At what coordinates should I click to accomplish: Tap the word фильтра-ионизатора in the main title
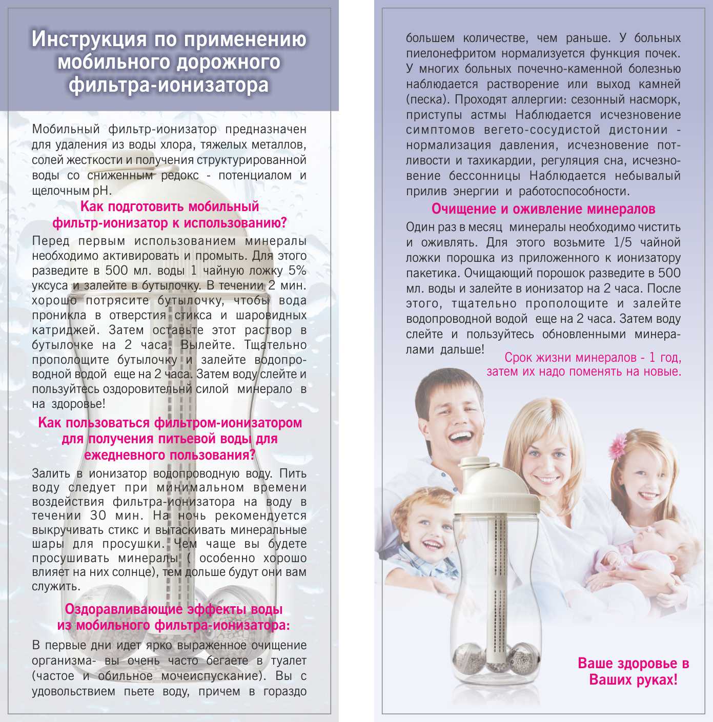[x=169, y=85]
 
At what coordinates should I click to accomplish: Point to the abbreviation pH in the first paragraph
[x=103, y=191]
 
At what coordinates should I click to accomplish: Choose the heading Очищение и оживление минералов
[x=543, y=209]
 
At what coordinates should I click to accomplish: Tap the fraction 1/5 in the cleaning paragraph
[x=623, y=242]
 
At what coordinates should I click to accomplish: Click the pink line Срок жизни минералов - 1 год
[x=593, y=357]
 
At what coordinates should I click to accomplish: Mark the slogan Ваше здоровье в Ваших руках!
[x=633, y=672]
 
